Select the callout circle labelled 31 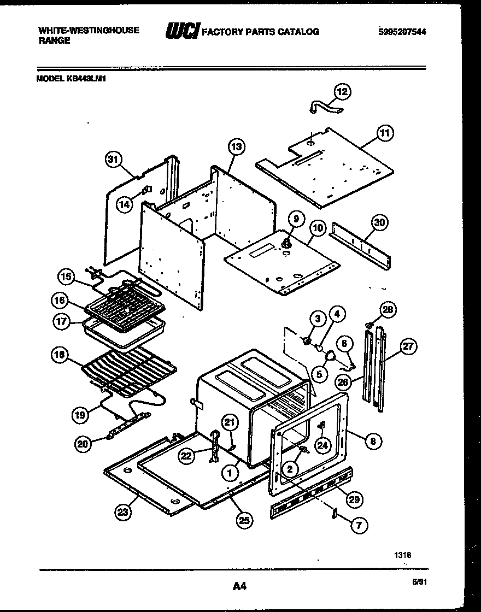pos(113,160)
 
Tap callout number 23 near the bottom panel pos(122,512)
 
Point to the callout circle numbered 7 pos(359,526)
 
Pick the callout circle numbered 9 pos(295,219)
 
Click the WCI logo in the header pos(182,32)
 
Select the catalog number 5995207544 pos(402,32)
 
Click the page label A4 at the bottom pos(239,587)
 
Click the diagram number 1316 pos(402,555)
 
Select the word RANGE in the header pos(54,41)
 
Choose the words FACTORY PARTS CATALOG pos(261,32)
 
